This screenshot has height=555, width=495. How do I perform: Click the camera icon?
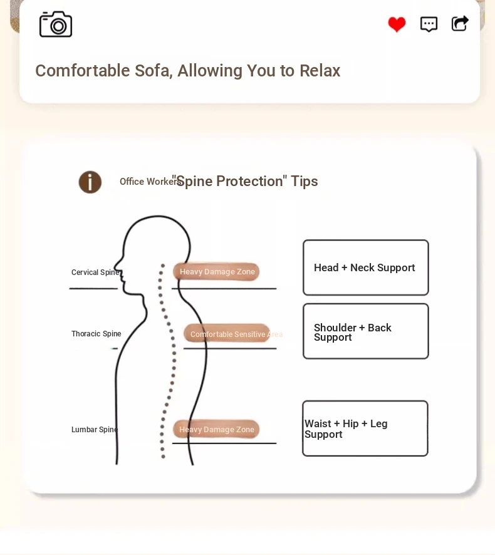coord(56,24)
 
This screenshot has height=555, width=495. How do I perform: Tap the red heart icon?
coord(397,24)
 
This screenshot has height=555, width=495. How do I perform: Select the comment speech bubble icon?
coord(429,24)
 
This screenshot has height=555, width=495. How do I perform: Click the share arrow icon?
coord(460,24)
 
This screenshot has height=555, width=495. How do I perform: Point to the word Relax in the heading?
coord(320,71)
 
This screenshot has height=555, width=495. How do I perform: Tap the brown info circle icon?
coord(90,182)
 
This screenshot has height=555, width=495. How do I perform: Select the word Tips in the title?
coord(304,181)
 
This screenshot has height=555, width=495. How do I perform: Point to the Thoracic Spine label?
coord(96,334)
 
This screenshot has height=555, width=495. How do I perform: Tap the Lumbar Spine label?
coord(95,429)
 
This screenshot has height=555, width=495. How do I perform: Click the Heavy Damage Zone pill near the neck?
coord(216,271)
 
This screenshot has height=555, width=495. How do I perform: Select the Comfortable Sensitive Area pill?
coord(227,334)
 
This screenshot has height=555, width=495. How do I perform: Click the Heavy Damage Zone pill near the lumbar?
coord(216,429)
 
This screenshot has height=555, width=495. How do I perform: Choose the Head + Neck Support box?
coord(366,267)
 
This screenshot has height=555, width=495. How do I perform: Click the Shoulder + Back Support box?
coord(366,331)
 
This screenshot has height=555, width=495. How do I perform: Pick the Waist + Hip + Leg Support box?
coord(365,428)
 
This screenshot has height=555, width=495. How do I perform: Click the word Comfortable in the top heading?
coord(83,71)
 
